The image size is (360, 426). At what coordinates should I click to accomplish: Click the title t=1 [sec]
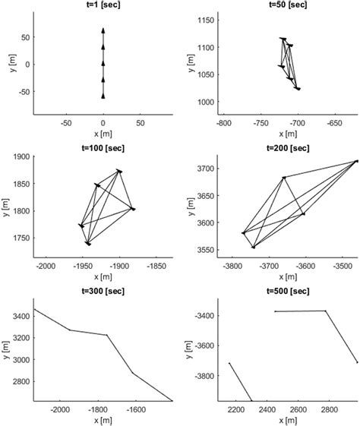pos(103,5)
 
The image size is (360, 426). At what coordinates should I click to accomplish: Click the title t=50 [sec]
pos(288,5)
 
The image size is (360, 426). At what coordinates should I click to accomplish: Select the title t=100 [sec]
pos(103,147)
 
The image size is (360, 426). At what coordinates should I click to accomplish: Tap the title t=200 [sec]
pos(288,147)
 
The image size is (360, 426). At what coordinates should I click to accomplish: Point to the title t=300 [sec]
pos(103,292)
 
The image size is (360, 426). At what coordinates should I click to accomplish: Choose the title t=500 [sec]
pos(288,292)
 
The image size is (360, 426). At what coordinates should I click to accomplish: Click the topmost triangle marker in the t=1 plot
pos(103,30)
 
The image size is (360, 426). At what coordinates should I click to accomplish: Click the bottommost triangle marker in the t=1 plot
pos(103,96)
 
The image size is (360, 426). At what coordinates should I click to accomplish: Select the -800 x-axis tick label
pos(224,121)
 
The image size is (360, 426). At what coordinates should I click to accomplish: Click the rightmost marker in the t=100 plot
pos(133,208)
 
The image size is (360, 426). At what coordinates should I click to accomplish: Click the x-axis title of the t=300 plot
pos(103,420)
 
